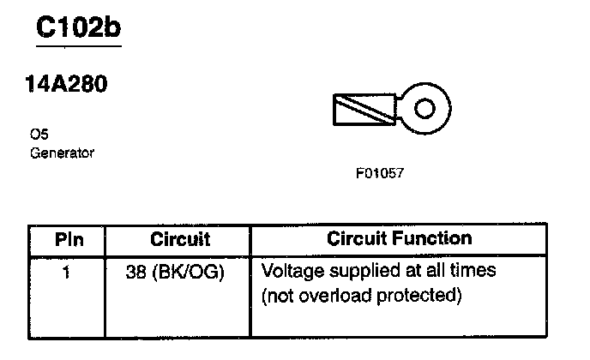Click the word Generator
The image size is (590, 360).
point(62,153)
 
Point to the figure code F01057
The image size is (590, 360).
point(380,172)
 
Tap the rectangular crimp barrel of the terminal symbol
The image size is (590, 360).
point(363,109)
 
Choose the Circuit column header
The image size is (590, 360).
point(180,239)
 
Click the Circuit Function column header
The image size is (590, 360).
point(399,238)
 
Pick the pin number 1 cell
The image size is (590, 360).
point(67,272)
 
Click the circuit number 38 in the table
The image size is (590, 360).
point(137,273)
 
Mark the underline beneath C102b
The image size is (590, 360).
point(78,45)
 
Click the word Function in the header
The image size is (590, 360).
point(436,238)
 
